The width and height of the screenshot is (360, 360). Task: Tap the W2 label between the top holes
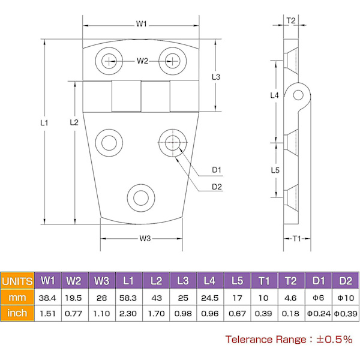pyautogui.click(x=142, y=61)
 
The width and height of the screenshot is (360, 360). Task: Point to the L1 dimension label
pyautogui.click(x=44, y=122)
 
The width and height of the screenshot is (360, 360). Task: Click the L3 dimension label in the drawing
pyautogui.click(x=217, y=77)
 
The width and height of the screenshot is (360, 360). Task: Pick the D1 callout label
pyautogui.click(x=217, y=169)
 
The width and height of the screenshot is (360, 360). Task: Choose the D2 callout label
pyautogui.click(x=217, y=187)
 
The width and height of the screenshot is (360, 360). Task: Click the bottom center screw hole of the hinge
pyautogui.click(x=142, y=198)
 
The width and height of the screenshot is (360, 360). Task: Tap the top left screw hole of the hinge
pyautogui.click(x=110, y=59)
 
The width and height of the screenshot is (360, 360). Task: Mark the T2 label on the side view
pyautogui.click(x=291, y=20)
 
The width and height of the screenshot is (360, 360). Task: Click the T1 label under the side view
pyautogui.click(x=296, y=239)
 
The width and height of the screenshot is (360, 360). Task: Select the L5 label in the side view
pyautogui.click(x=275, y=170)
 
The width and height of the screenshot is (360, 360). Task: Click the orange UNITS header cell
pyautogui.click(x=17, y=281)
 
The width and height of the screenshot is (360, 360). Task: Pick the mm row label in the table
pyautogui.click(x=17, y=297)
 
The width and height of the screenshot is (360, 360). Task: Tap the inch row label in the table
pyautogui.click(x=17, y=313)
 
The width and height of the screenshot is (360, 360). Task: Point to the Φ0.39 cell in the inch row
pyautogui.click(x=345, y=313)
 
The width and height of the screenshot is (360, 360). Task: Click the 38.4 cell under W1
pyautogui.click(x=48, y=297)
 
